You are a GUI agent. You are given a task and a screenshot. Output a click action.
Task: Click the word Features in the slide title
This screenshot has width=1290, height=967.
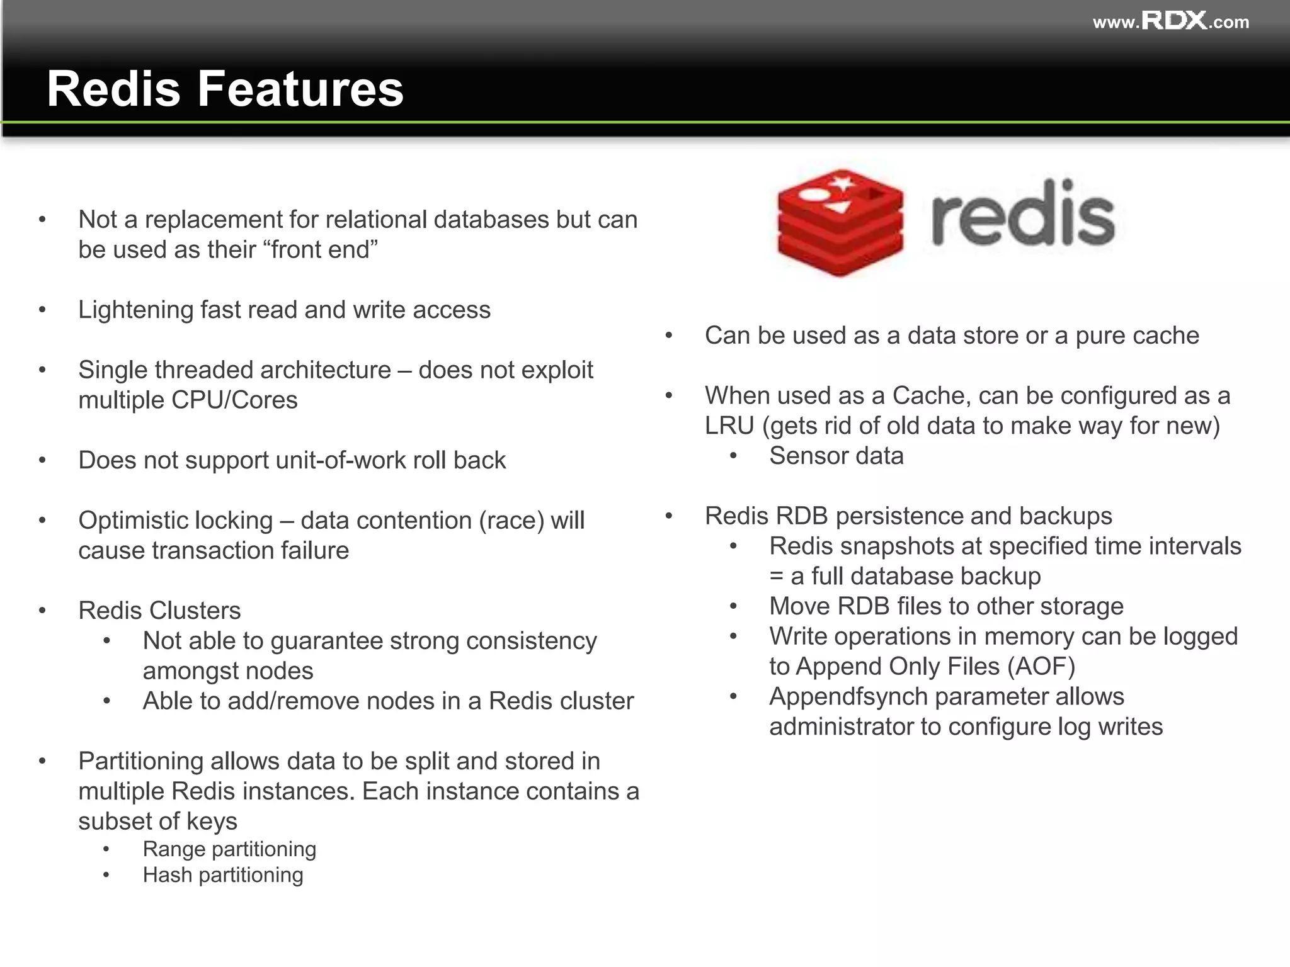click(x=300, y=89)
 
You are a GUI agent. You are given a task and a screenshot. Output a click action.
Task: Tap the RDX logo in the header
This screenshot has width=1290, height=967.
click(x=1174, y=21)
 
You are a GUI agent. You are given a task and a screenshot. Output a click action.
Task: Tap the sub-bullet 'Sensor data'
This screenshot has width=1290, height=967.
click(x=836, y=456)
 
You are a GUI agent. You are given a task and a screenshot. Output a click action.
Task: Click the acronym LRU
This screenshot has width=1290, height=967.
click(x=729, y=426)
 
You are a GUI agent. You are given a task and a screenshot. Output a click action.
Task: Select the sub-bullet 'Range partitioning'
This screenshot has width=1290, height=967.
click(x=229, y=849)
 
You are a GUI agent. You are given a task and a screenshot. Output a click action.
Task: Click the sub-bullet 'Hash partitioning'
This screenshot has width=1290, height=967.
click(x=223, y=875)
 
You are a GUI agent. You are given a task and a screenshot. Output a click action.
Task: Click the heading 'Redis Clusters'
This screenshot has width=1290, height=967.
click(x=159, y=611)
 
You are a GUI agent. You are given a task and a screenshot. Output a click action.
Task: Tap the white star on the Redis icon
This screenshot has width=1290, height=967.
click(x=843, y=183)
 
